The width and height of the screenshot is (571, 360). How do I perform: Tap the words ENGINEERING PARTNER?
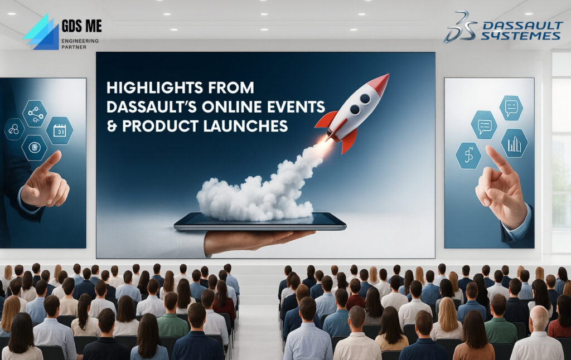pyautogui.click(x=80, y=44)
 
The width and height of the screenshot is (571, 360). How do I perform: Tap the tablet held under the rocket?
pyautogui.click(x=260, y=222)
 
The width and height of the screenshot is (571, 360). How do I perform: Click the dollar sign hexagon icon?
pyautogui.click(x=469, y=155)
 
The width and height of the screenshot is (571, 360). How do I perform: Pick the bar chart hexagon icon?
pyautogui.click(x=514, y=143)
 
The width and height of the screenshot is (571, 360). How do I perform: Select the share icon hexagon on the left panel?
pyautogui.click(x=35, y=113)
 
